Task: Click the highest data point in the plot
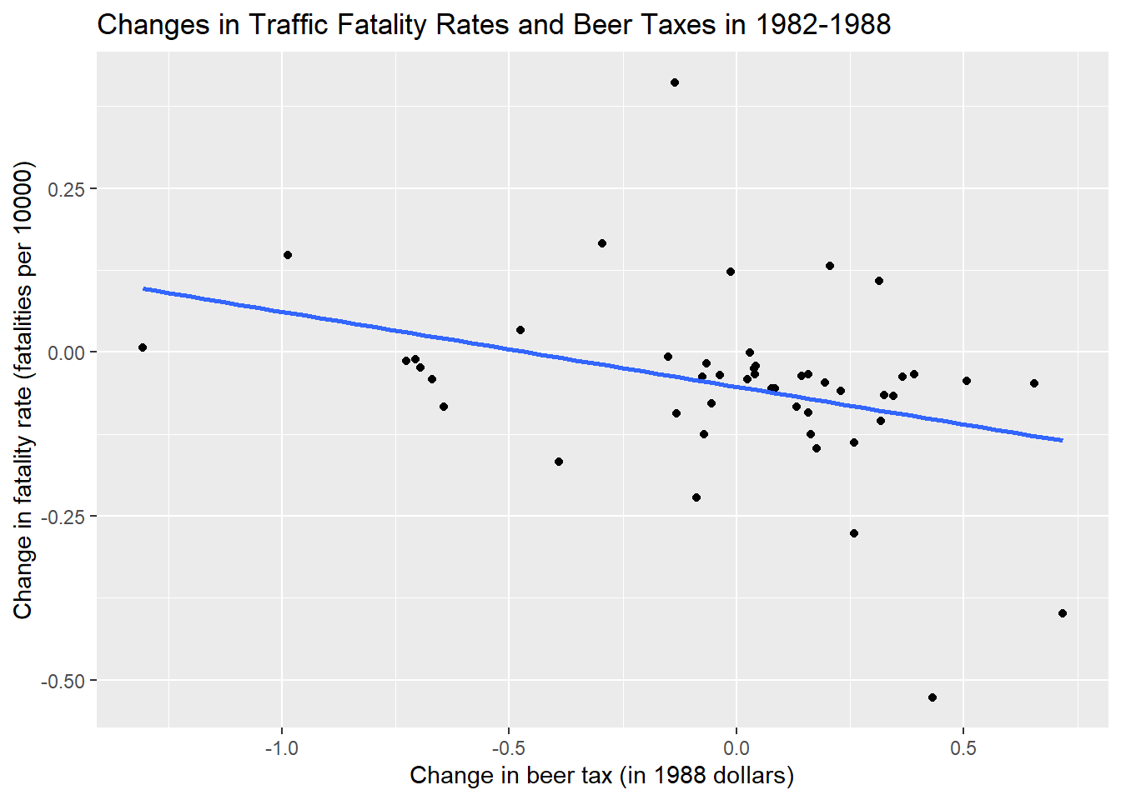675,82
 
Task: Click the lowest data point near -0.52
932,697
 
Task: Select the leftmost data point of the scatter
143,347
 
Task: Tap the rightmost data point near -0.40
1063,613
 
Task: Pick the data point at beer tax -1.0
288,255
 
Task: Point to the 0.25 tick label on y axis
66,189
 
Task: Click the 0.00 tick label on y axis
66,353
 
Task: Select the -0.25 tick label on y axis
63,517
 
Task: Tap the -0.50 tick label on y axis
63,681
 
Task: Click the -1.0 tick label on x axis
281,747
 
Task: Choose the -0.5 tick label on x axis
509,747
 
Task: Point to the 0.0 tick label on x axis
736,747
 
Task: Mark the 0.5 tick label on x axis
963,747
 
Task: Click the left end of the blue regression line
143,288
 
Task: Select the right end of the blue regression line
1063,440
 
